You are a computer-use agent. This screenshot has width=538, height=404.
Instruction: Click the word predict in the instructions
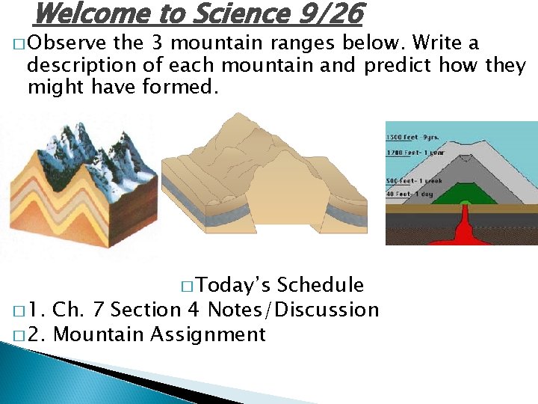click(x=398, y=65)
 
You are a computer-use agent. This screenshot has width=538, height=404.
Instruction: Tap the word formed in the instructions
click(x=188, y=87)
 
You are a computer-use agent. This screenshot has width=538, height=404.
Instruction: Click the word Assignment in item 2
click(x=208, y=334)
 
